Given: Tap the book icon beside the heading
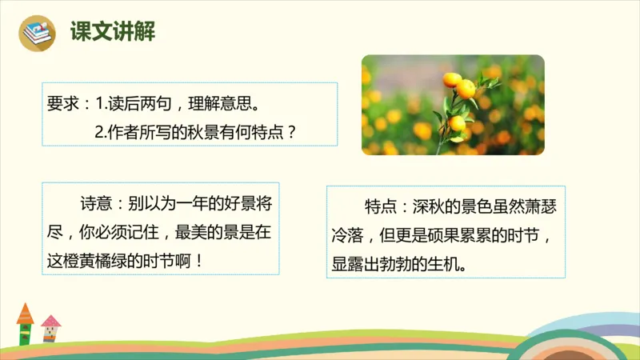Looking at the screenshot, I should [x=37, y=34].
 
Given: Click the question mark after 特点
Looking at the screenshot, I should [x=291, y=131].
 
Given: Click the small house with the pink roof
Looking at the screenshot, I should [x=50, y=328].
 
